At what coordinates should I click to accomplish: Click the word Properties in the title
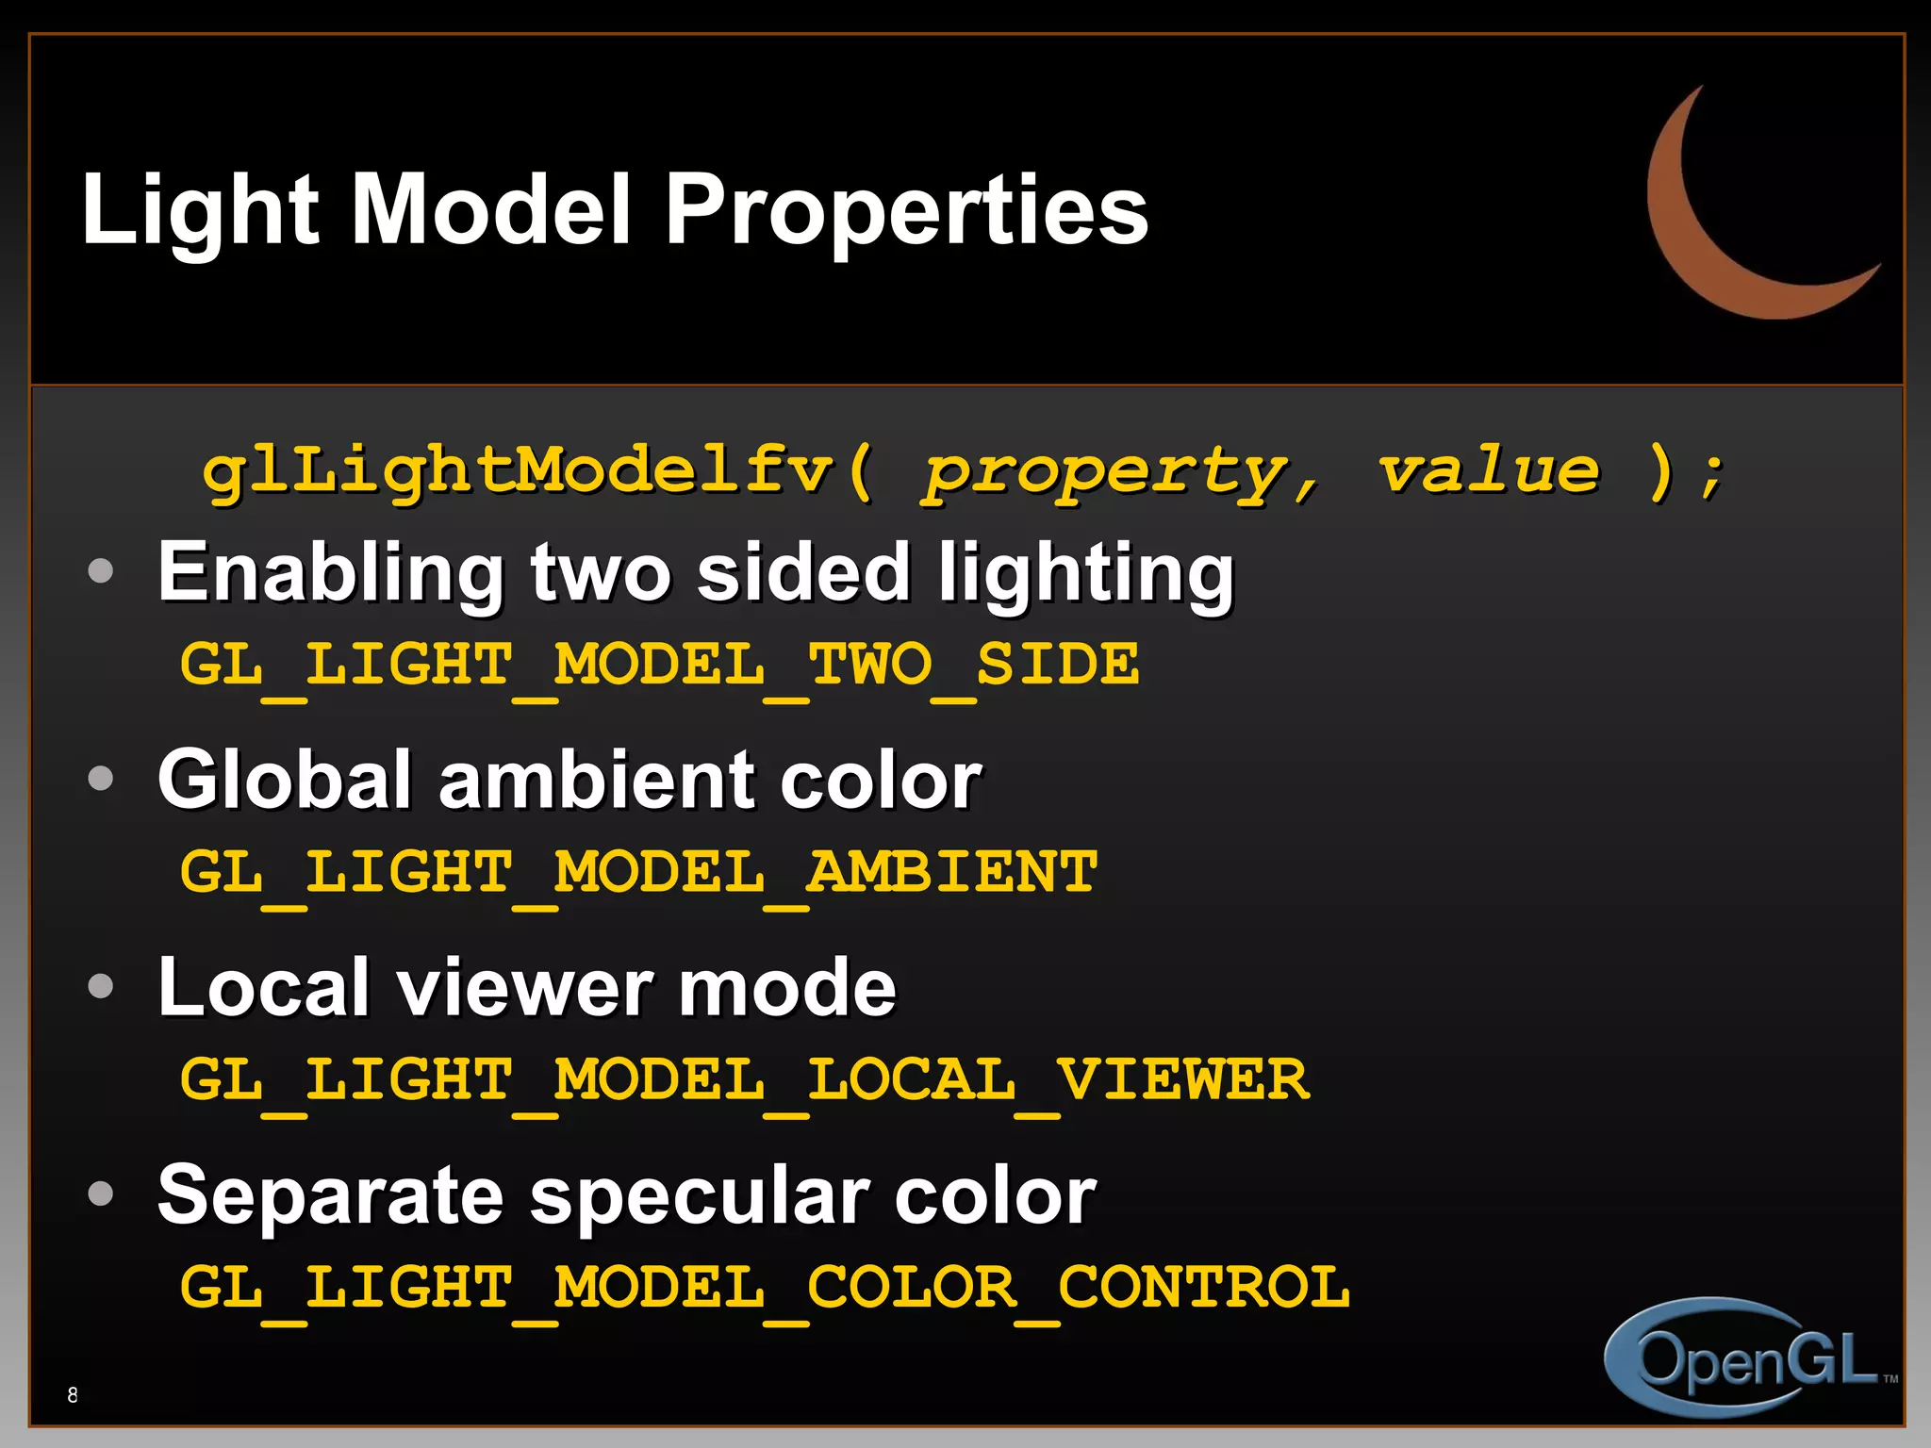pos(906,211)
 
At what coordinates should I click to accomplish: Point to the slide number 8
pos(73,1394)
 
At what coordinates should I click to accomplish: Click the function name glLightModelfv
pos(519,470)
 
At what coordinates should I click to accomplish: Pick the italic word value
pos(1489,470)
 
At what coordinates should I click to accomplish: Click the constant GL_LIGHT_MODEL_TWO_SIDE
pos(659,666)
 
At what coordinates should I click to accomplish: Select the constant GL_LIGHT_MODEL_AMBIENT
pos(638,873)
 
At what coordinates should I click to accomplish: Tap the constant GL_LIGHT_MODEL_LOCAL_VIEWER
pos(744,1080)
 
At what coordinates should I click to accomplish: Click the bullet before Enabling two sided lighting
pos(100,570)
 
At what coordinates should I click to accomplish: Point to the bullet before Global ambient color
pos(100,779)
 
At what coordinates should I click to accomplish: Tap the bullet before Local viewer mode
pos(100,986)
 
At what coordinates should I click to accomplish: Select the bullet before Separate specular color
pos(100,1194)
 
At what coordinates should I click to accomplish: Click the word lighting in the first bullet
pos(1085,574)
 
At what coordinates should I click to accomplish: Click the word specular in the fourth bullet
pos(698,1197)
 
